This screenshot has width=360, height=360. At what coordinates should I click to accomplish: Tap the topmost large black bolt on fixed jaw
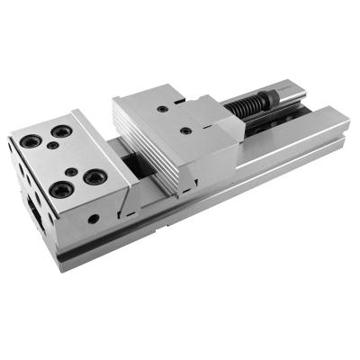click(x=60, y=131)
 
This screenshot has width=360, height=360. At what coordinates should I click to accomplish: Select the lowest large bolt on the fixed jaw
click(x=60, y=188)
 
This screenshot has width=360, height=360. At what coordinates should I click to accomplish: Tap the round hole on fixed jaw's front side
click(x=94, y=218)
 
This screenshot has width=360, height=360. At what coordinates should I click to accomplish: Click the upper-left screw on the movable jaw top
click(x=161, y=109)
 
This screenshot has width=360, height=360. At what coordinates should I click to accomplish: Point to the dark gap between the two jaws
click(x=135, y=166)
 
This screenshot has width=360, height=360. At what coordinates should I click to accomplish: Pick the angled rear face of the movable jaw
click(x=216, y=135)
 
